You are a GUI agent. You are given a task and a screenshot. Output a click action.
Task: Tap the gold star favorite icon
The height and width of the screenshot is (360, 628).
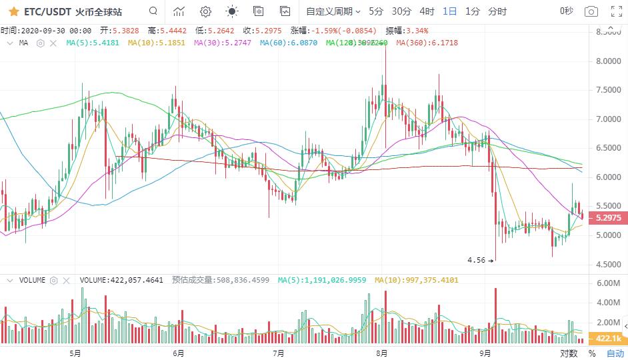[x=13, y=11]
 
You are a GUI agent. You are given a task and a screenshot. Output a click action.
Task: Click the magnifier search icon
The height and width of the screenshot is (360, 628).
[x=153, y=11]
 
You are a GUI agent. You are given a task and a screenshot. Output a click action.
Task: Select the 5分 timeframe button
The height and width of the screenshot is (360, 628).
[x=376, y=11]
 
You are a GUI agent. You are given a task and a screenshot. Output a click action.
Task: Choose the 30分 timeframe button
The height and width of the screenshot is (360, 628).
[x=401, y=11]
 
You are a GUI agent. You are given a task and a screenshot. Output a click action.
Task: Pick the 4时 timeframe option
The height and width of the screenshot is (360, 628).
[x=427, y=11]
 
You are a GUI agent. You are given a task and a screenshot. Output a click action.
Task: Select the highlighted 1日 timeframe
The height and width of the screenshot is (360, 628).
[x=450, y=11]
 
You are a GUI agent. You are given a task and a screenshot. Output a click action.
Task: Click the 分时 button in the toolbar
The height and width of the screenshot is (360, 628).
[x=497, y=11]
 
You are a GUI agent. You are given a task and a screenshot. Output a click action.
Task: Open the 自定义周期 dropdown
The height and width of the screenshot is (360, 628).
[x=333, y=11]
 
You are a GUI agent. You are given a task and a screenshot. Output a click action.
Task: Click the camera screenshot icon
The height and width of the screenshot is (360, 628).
[x=591, y=11]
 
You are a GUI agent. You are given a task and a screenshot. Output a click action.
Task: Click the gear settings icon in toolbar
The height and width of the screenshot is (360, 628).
[x=205, y=11]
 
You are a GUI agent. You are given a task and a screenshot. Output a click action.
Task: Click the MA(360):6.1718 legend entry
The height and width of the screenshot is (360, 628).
[x=427, y=43]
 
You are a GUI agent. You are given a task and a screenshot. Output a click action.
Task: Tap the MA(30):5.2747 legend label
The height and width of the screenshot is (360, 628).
[x=222, y=43]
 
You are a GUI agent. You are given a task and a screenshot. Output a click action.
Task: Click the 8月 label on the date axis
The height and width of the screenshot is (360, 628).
[x=382, y=353]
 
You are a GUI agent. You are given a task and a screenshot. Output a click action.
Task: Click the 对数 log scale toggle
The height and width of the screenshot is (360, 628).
[x=569, y=353]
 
